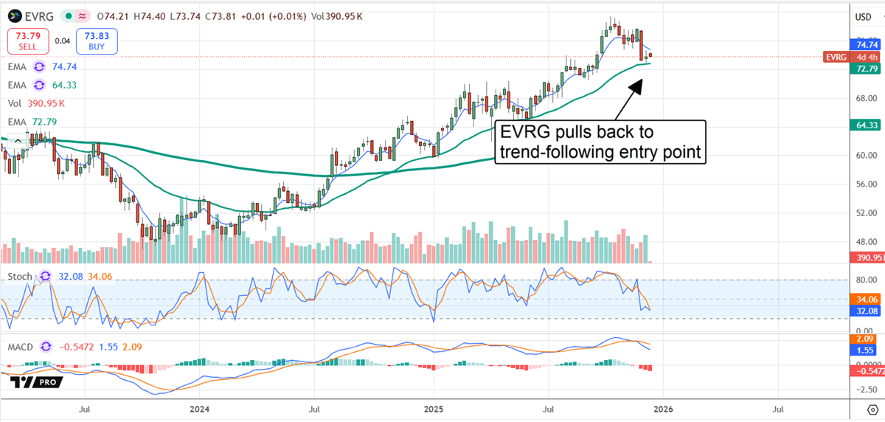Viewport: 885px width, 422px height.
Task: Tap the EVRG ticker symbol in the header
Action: pyautogui.click(x=35, y=15)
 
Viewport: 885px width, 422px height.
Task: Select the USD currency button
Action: pyautogui.click(x=863, y=17)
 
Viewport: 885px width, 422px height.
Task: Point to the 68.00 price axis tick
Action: pyautogui.click(x=864, y=97)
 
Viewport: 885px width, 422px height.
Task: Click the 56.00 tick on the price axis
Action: pyautogui.click(x=864, y=184)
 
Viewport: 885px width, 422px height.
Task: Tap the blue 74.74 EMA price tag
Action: pyautogui.click(x=865, y=44)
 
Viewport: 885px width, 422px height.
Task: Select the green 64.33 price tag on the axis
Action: pyautogui.click(x=865, y=126)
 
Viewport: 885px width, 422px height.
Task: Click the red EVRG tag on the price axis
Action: pyautogui.click(x=836, y=57)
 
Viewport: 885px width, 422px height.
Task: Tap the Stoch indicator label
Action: pyautogui.click(x=21, y=277)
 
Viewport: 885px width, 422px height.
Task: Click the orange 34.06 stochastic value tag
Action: pyautogui.click(x=865, y=300)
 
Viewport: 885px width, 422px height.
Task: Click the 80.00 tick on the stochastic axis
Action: pyautogui.click(x=864, y=280)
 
